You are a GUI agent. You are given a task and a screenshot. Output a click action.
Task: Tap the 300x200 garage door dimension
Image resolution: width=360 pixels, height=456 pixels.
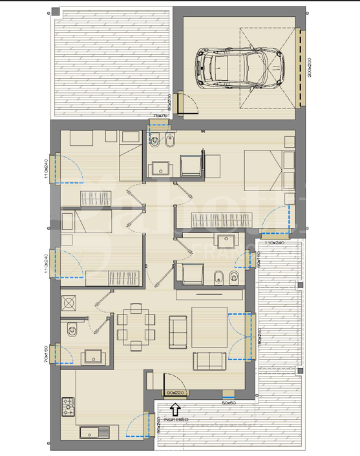click(310, 67)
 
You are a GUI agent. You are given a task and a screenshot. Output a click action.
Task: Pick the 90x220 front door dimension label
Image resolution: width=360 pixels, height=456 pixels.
click(175, 392)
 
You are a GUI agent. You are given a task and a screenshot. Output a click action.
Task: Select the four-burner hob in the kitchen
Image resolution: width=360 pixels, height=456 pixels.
click(69, 406)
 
